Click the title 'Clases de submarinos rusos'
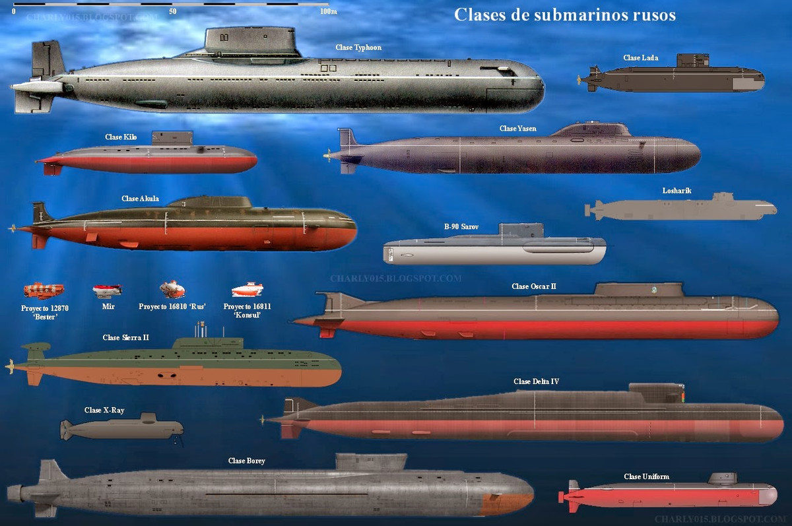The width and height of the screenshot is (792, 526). click(564, 15)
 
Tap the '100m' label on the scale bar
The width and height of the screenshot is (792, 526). click(328, 11)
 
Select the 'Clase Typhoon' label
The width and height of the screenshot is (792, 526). click(358, 48)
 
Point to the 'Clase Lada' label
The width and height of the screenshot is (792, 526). click(640, 58)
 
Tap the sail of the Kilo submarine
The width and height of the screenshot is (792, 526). click(173, 138)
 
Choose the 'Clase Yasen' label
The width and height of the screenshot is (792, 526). click(517, 129)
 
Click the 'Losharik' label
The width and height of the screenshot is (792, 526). click(676, 191)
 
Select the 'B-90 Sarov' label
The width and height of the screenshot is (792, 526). click(461, 227)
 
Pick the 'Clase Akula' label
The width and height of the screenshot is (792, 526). click(140, 199)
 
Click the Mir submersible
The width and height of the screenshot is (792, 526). click(108, 289)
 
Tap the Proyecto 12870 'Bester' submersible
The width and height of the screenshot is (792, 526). click(44, 290)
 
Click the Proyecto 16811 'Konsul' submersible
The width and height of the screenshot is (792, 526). click(247, 290)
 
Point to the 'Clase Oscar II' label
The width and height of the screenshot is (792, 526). click(533, 286)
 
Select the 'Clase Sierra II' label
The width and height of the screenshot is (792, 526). click(125, 338)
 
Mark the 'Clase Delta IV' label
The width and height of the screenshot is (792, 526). click(536, 381)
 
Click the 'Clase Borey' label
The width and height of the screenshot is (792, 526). click(246, 461)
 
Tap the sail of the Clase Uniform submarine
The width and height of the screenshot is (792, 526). click(722, 478)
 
